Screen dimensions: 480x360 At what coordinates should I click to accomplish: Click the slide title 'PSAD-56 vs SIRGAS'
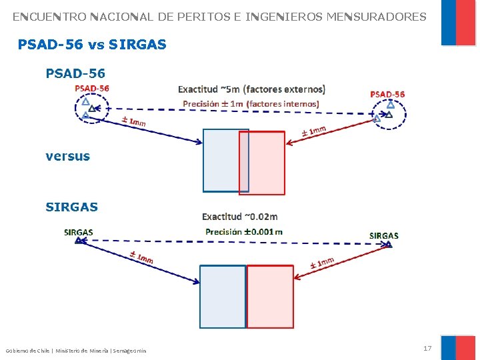[x=92, y=45]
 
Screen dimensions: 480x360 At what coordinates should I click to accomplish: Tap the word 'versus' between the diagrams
[x=67, y=156]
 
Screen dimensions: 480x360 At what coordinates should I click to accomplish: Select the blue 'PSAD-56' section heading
[x=75, y=73]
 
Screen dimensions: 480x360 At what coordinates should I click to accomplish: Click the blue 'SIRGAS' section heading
[x=71, y=207]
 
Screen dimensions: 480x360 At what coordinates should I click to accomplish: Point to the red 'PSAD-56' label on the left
[x=92, y=88]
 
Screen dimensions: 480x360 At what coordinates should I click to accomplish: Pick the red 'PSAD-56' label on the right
[x=387, y=94]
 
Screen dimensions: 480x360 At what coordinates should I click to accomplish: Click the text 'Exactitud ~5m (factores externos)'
[x=251, y=89]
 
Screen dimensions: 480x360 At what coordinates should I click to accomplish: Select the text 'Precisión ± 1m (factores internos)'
[x=251, y=103]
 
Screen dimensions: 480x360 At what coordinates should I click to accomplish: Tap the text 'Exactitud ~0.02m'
[x=240, y=216]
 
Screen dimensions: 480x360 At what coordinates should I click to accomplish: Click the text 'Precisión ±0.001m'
[x=244, y=231]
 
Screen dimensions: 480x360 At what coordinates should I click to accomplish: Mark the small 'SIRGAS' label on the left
[x=78, y=232]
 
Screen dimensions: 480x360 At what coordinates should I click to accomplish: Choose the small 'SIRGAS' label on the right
[x=384, y=235]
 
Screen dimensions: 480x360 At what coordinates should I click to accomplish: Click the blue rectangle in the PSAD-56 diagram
[x=221, y=161]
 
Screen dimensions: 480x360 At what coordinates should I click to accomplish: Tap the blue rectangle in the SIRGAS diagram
[x=223, y=297]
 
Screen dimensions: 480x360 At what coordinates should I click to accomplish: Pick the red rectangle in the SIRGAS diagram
[x=270, y=297]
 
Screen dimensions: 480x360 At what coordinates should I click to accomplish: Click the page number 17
[x=427, y=348]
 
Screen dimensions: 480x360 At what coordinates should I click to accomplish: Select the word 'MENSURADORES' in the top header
[x=376, y=17]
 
